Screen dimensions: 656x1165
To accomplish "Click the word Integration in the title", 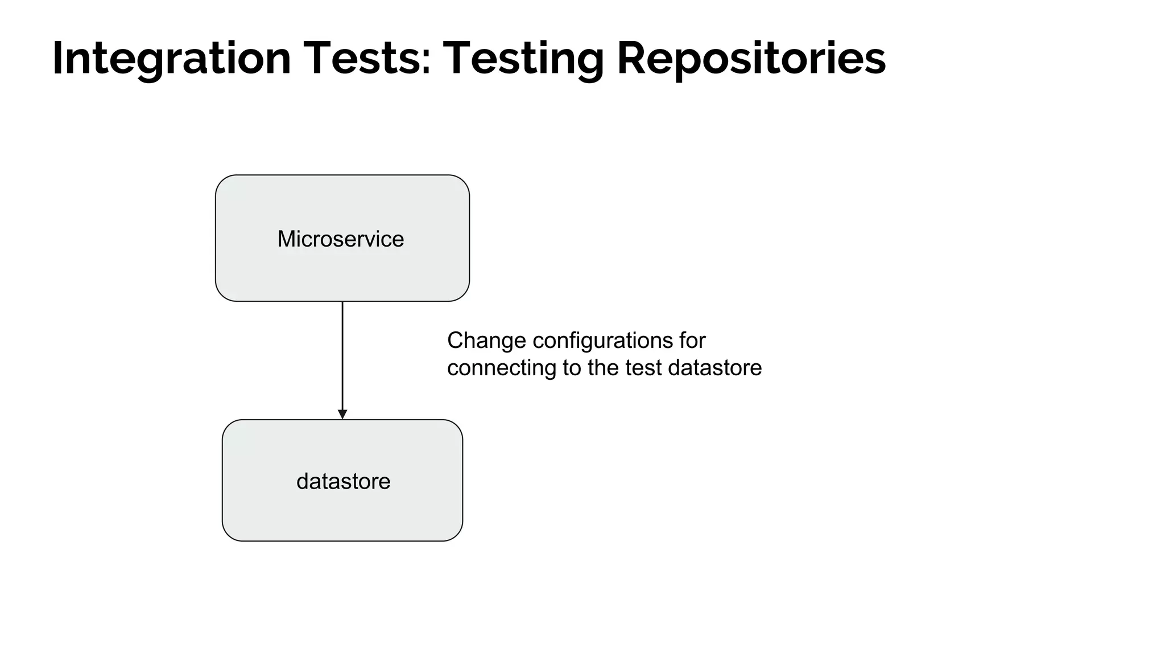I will pyautogui.click(x=171, y=59).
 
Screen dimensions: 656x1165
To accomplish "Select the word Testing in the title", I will pyautogui.click(x=523, y=59).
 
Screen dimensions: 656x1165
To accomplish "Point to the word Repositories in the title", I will pyautogui.click(x=751, y=59).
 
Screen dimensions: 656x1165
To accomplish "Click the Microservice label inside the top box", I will pyautogui.click(x=340, y=239).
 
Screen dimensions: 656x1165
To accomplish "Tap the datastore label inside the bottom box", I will pyautogui.click(x=343, y=482).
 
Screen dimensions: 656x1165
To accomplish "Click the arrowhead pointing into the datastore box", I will pyautogui.click(x=342, y=414).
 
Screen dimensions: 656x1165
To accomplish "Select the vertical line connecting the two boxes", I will pyautogui.click(x=342, y=353).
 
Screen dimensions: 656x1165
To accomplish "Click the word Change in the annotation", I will pyautogui.click(x=486, y=341).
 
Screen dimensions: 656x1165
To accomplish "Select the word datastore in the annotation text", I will pyautogui.click(x=714, y=368).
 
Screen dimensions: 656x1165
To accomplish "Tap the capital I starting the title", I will pyautogui.click(x=57, y=59).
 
